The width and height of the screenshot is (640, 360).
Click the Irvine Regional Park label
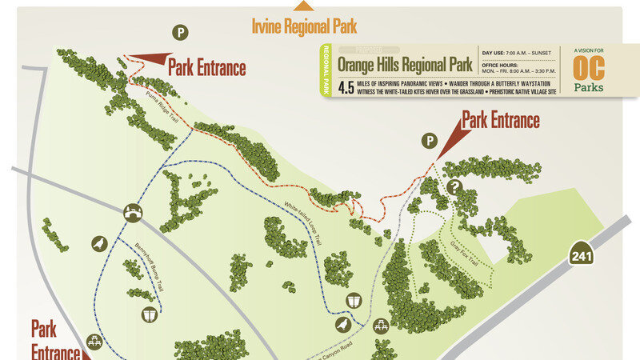point(304,26)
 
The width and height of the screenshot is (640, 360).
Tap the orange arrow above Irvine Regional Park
point(303,6)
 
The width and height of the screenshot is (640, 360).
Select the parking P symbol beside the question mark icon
point(430,141)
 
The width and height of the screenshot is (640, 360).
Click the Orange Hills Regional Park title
point(404,63)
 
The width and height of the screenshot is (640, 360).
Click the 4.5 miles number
point(346,87)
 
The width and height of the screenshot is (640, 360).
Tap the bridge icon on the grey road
point(133,212)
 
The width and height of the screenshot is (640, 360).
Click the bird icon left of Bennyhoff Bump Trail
point(100,244)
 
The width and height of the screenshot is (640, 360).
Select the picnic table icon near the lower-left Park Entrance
point(94,342)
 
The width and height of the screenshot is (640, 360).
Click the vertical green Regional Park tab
point(326,70)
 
